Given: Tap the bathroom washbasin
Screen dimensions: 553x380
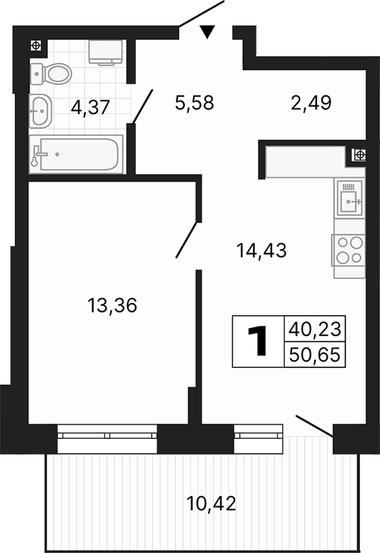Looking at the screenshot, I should pyautogui.click(x=41, y=110).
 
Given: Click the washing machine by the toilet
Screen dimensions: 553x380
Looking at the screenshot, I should pyautogui.click(x=105, y=52).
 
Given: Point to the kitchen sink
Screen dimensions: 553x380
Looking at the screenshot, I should pyautogui.click(x=350, y=199).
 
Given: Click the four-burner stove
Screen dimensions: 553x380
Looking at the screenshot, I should pyautogui.click(x=349, y=250).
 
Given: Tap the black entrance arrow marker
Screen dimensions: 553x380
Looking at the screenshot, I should pyautogui.click(x=206, y=32).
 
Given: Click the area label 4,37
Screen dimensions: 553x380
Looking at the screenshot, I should pyautogui.click(x=91, y=107).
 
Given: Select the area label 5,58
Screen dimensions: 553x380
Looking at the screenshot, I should pyautogui.click(x=194, y=103).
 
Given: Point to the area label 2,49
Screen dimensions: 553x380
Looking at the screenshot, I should pyautogui.click(x=311, y=103).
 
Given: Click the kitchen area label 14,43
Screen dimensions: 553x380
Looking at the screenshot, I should pyautogui.click(x=261, y=251).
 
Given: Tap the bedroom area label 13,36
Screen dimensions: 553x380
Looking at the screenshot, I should pyautogui.click(x=112, y=305).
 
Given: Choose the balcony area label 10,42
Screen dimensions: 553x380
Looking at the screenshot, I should pyautogui.click(x=211, y=504).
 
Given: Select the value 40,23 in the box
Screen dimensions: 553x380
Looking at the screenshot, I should pyautogui.click(x=315, y=328).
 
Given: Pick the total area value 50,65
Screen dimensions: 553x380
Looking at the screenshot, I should pyautogui.click(x=315, y=355).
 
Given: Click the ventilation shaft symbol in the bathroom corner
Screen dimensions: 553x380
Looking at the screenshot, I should pyautogui.click(x=37, y=45).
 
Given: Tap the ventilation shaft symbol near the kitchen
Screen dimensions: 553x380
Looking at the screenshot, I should pyautogui.click(x=359, y=155).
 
